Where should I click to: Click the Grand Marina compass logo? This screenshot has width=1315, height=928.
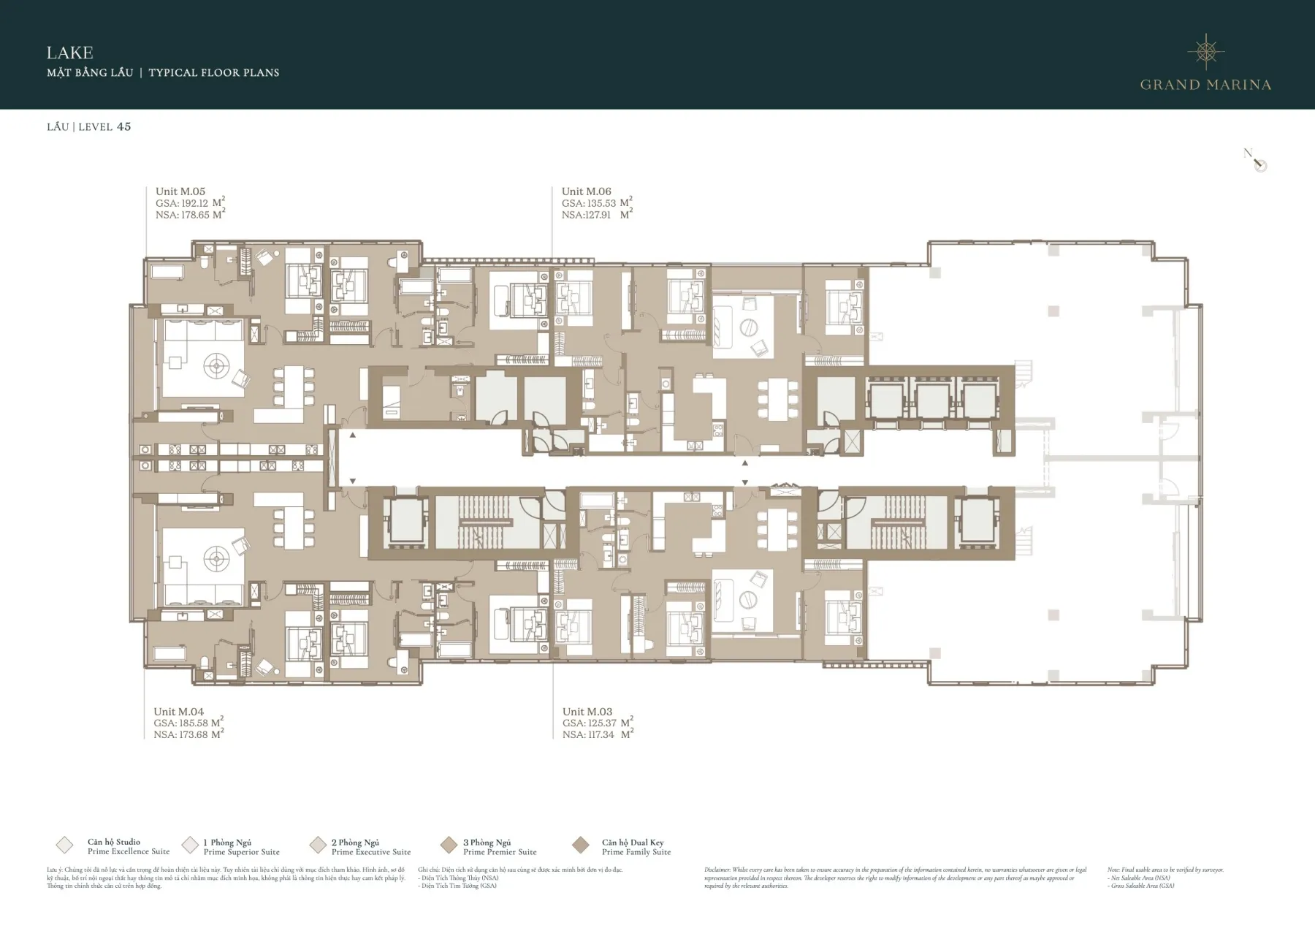click(1205, 50)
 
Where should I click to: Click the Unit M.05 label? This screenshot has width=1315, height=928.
click(180, 191)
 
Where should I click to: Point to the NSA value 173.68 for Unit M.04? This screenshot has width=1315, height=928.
click(193, 734)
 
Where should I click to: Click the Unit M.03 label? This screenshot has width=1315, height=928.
click(587, 711)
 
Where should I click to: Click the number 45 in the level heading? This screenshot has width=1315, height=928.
click(123, 126)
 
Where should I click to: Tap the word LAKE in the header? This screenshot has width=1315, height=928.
click(69, 53)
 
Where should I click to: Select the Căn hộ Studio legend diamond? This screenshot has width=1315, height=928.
click(64, 845)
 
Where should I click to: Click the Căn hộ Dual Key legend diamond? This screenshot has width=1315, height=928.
click(581, 845)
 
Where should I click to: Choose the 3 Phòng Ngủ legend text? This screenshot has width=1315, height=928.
click(487, 843)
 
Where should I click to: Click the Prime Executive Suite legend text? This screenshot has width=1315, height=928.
click(371, 852)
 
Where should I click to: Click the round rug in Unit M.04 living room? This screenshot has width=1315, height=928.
click(216, 560)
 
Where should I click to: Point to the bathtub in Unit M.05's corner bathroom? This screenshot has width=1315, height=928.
click(169, 272)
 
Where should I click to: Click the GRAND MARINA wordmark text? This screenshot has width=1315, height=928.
click(1205, 85)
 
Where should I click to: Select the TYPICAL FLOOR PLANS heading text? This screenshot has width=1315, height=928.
click(213, 72)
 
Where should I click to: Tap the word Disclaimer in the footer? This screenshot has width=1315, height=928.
click(717, 870)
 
